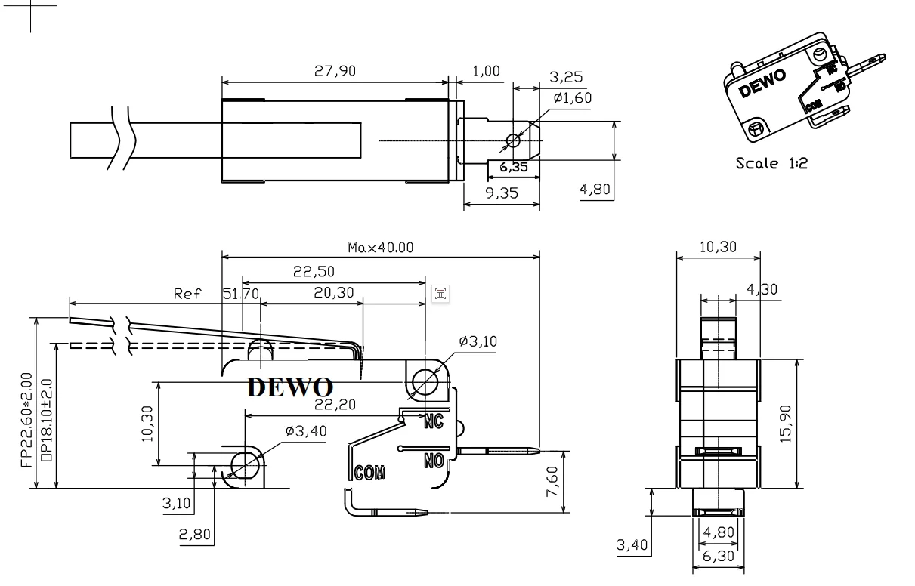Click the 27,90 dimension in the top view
(334, 71)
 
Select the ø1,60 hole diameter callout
(571, 97)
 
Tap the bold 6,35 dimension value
(514, 167)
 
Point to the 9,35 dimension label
(501, 193)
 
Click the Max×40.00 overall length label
(381, 248)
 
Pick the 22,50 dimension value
(314, 272)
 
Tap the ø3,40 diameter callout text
(306, 432)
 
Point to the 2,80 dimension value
(194, 535)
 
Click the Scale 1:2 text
(771, 162)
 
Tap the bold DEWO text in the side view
(290, 387)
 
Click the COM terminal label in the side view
(370, 473)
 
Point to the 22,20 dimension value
(335, 406)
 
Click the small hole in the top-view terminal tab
(513, 140)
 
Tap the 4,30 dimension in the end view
(762, 289)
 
